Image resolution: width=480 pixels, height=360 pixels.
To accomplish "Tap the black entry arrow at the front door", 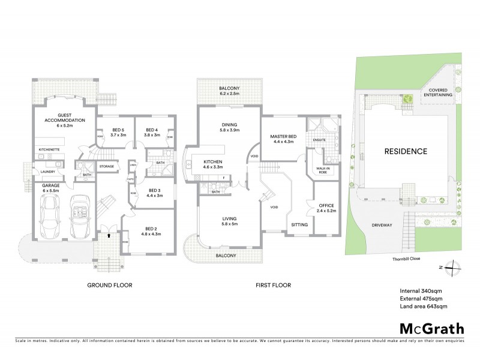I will pyautogui.click(x=108, y=236).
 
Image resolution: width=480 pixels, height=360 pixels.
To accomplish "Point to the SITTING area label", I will pyautogui.click(x=299, y=224).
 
